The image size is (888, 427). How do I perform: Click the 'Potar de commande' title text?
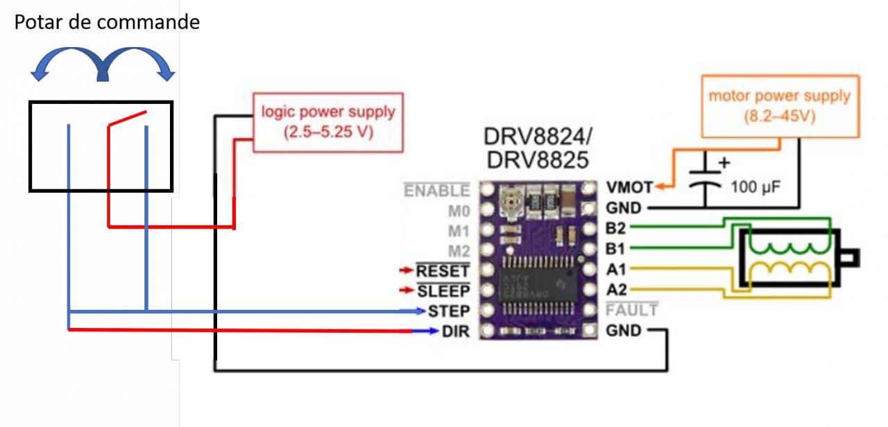pos(107,22)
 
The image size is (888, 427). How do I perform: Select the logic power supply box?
pos(327,122)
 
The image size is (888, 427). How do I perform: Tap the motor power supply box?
pos(779,105)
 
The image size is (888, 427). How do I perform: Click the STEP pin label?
pos(448,311)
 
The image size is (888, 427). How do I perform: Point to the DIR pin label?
pos(455,331)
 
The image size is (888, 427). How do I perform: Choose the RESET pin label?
pos(443,271)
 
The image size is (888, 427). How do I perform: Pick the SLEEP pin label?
pos(443,291)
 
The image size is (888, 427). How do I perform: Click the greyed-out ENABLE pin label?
pos(437,191)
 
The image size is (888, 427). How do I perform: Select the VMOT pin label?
pos(629,187)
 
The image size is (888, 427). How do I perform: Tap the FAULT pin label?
pos(632,310)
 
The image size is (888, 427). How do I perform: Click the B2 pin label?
pos(615,227)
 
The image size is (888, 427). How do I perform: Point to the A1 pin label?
pos(615,269)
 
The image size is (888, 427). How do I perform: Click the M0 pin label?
pos(458,211)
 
